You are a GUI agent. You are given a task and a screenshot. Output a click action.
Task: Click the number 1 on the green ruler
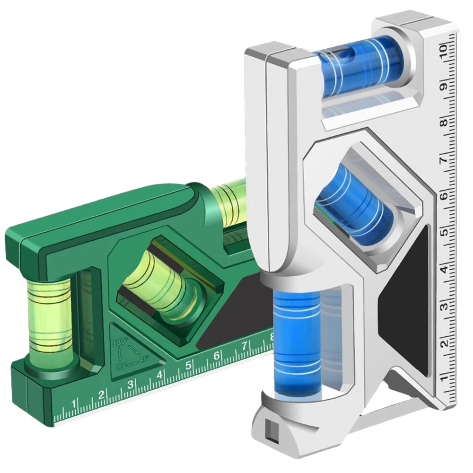coord(73,403)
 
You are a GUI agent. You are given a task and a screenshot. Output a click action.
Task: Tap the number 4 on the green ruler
coord(159,375)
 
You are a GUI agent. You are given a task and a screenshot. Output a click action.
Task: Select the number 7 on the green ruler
coord(245,346)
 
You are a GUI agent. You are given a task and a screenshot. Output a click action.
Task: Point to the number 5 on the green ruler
coord(188,365)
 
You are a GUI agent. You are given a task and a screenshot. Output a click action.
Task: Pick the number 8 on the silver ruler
coord(444,123)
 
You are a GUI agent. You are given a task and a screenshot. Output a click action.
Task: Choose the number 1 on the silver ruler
coord(444,379)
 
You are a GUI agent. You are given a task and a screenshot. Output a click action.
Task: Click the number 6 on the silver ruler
coord(444,196)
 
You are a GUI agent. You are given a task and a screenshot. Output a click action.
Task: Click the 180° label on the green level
coord(120,342)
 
